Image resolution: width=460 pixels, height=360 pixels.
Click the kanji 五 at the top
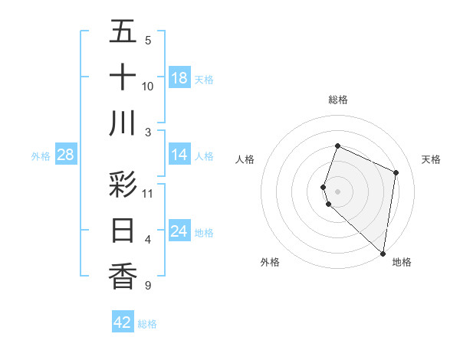pos(123,31)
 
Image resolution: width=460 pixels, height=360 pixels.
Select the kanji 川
pos(123,123)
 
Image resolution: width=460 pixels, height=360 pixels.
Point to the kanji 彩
pos(123,184)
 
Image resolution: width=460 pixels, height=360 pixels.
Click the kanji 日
pos(123,230)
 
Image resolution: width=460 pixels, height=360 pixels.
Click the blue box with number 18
pos(179,78)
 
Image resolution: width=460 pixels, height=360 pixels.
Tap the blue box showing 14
pos(179,155)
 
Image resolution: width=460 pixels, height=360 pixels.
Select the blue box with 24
pos(179,231)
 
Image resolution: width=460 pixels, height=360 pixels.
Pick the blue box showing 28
pos(66,155)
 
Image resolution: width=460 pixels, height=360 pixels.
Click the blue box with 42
pos(123,322)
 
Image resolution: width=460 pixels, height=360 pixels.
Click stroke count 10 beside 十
pos(148,87)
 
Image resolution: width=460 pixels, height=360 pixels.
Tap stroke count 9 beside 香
pos(146,286)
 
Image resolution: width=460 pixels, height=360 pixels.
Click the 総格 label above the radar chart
pos(338,100)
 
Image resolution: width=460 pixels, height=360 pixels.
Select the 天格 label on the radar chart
pos(431,159)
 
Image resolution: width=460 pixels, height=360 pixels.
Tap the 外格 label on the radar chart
pos(269,262)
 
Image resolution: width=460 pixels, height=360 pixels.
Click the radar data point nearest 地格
pos(383,254)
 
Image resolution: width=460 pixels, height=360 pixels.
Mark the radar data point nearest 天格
pos(396,172)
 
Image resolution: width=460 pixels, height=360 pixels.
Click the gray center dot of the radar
pos(338,191)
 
